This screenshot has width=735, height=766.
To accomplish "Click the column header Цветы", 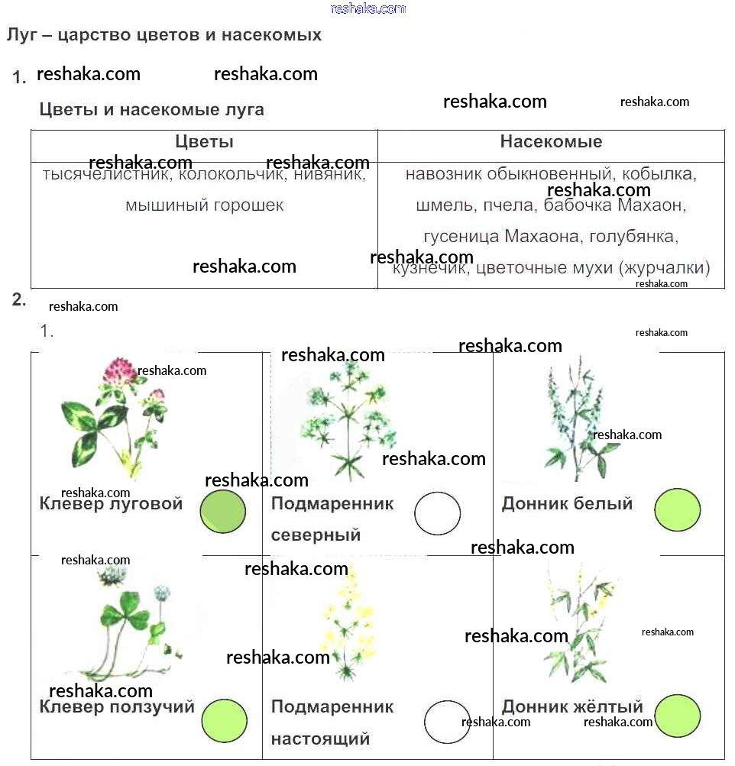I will click(x=204, y=142).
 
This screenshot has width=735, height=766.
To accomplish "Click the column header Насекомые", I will click(x=551, y=142).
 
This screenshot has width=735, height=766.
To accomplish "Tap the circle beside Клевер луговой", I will click(x=223, y=512).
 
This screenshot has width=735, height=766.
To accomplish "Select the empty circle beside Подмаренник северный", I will click(x=438, y=513).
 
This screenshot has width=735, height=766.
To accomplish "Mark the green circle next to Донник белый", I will click(x=677, y=510).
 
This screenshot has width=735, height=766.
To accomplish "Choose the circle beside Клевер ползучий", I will click(x=224, y=720).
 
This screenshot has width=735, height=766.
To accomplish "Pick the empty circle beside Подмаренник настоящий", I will click(x=447, y=722).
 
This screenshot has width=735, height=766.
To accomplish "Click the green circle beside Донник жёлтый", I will click(x=678, y=716).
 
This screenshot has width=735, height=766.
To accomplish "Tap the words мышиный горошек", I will click(x=204, y=205).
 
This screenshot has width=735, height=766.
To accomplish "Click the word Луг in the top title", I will click(x=21, y=35).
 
